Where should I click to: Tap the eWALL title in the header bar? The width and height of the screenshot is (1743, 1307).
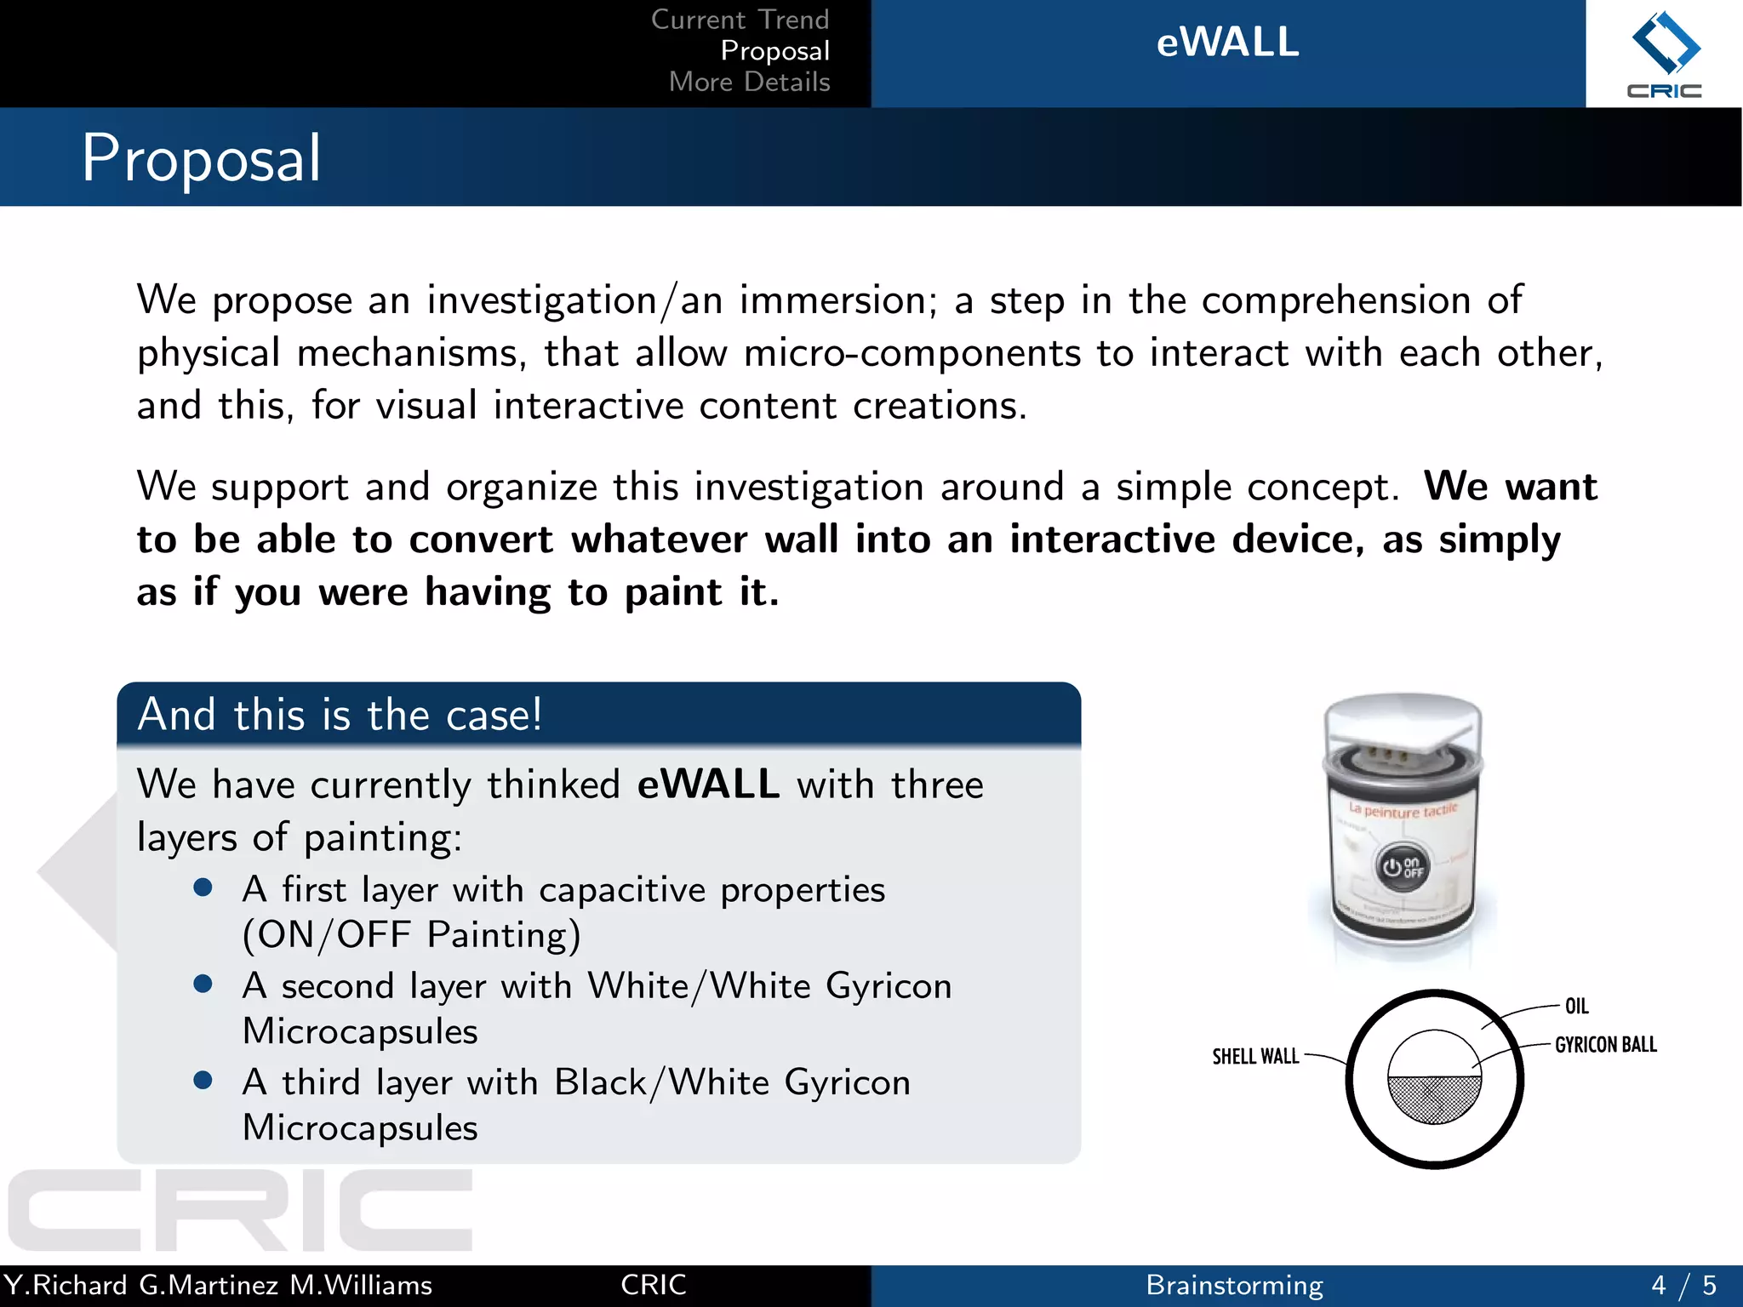(1227, 43)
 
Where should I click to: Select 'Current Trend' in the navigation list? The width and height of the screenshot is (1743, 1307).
(740, 20)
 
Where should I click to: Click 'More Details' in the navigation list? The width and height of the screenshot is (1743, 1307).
(749, 82)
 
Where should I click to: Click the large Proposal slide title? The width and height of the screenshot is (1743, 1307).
(202, 158)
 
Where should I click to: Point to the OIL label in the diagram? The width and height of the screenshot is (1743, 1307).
(1576, 1007)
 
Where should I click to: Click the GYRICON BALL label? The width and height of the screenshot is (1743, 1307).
(1605, 1045)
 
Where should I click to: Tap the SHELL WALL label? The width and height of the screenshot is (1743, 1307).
(1255, 1057)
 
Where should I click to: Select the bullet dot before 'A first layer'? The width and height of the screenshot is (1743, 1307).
(203, 888)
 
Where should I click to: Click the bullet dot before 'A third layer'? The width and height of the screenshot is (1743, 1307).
(203, 1081)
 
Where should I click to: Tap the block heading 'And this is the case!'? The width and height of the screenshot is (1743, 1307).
(340, 715)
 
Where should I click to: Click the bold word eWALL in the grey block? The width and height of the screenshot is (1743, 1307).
(708, 784)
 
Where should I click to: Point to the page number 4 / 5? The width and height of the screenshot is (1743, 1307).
(1683, 1285)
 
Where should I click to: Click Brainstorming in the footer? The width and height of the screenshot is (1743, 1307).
(1234, 1285)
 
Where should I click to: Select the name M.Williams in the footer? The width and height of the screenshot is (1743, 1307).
(361, 1285)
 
